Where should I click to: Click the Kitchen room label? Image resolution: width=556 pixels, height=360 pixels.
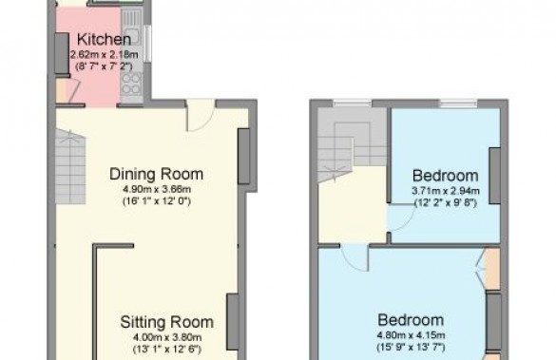(104, 39)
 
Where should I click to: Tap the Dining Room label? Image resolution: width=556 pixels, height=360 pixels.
(157, 174)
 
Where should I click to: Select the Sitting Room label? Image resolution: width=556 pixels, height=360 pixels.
(166, 322)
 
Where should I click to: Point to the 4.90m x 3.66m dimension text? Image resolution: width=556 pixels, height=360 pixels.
(157, 189)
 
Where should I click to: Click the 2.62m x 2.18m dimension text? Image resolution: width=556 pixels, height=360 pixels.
(104, 55)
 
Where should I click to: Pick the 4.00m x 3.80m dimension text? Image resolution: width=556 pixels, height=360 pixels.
(167, 337)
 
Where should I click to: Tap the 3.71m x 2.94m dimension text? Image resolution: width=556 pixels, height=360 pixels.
(446, 191)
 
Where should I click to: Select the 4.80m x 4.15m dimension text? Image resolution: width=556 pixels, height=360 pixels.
(411, 335)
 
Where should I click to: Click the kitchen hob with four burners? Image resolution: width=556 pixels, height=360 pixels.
(131, 85)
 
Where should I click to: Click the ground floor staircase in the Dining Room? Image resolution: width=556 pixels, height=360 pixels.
(70, 166)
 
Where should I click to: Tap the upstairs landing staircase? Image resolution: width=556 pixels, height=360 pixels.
(352, 145)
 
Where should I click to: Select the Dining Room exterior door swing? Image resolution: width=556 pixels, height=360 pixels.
(201, 116)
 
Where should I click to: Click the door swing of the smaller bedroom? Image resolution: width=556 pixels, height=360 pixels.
(401, 218)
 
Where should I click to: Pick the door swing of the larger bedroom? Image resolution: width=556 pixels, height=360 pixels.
(355, 258)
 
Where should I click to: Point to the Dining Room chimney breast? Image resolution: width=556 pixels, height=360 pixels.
(243, 157)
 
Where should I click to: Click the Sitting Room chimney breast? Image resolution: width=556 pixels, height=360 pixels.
(233, 321)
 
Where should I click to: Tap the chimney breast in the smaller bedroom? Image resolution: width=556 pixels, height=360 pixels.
(495, 176)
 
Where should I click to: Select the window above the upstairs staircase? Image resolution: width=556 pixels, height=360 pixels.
(352, 104)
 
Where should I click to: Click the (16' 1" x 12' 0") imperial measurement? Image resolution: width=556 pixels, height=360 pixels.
(157, 201)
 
